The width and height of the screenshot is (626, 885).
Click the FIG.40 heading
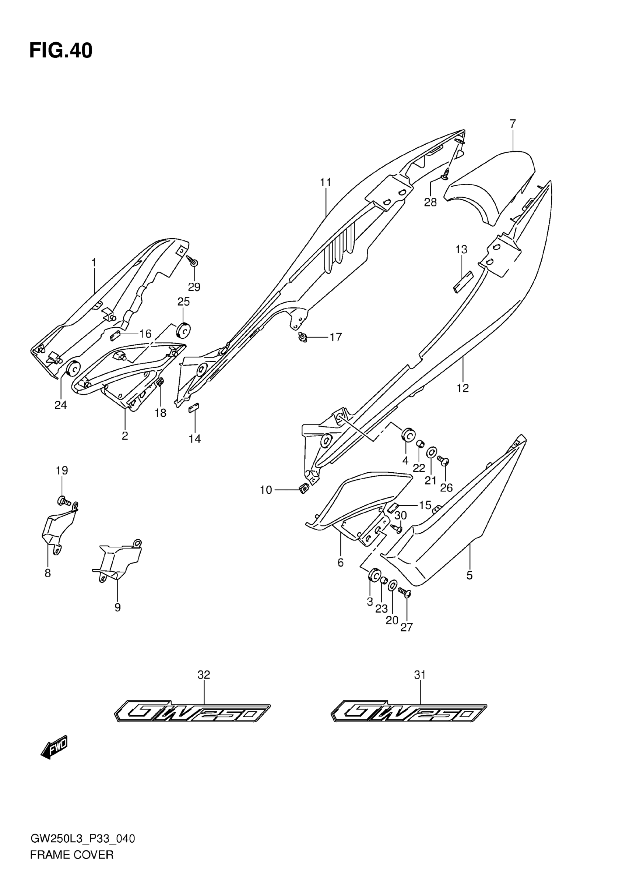[61, 51]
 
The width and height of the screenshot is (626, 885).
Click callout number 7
[512, 124]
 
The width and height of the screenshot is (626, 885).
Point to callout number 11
[326, 182]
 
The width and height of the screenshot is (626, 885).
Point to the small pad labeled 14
[193, 408]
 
